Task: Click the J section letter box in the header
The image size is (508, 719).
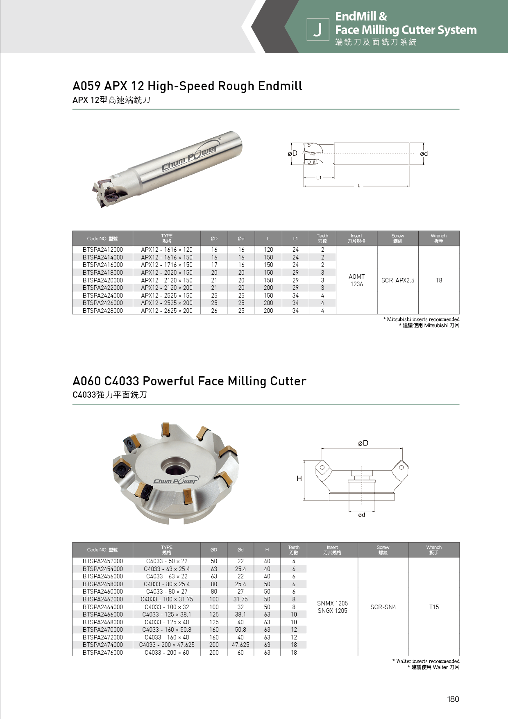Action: (317, 30)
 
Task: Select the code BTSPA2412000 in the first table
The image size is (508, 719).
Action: (102, 250)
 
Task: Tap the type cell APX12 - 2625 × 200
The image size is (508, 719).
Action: (167, 311)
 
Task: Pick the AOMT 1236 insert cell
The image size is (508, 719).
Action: (356, 280)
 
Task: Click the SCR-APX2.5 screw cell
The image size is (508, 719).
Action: (397, 280)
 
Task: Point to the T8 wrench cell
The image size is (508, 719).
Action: (439, 280)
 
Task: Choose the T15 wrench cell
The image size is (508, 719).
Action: (434, 607)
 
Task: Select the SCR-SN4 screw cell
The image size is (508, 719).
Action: (383, 607)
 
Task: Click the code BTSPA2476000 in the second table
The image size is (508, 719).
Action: (102, 653)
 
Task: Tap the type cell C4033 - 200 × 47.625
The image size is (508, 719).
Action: (167, 645)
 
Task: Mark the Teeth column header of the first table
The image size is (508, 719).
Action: (322, 239)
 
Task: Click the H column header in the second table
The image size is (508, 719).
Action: (267, 550)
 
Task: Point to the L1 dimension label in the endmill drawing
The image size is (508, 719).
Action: (319, 178)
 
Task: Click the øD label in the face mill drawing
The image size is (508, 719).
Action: (363, 443)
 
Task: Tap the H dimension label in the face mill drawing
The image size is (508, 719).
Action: (299, 478)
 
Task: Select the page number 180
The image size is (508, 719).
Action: (453, 699)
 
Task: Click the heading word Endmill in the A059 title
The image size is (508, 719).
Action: (281, 86)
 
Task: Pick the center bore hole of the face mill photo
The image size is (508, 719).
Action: (175, 466)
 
